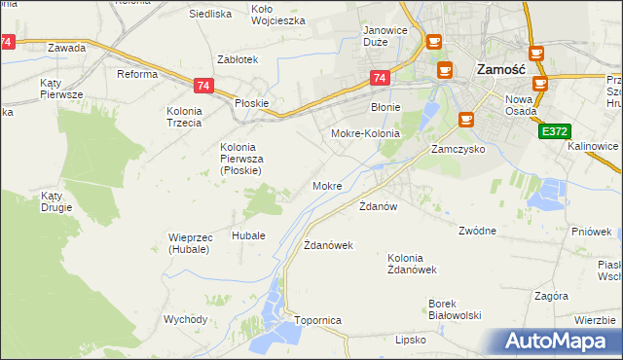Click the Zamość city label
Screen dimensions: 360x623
(x=501, y=70)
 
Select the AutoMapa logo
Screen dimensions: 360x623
(x=563, y=342)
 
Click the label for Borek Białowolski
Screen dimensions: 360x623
(x=456, y=308)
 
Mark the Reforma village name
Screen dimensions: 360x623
(x=137, y=74)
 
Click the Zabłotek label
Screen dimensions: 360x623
(x=238, y=59)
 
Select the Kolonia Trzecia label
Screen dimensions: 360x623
(x=183, y=117)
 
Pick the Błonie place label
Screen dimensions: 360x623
(x=386, y=107)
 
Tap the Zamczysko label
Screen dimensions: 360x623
(x=458, y=151)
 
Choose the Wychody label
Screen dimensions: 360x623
(x=185, y=319)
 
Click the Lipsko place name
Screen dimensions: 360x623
(x=411, y=340)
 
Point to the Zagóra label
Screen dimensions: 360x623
(x=551, y=295)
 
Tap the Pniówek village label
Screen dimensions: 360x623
(x=593, y=232)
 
